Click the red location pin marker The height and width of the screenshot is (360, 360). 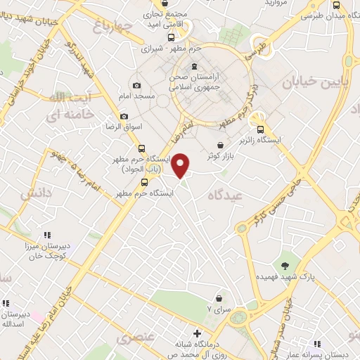[x=181, y=165]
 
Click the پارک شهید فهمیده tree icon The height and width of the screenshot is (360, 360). [x=285, y=265]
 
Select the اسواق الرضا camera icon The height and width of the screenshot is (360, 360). [x=124, y=116]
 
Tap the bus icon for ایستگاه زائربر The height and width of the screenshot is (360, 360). [x=261, y=129]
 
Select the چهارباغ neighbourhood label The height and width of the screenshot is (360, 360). [x=112, y=27]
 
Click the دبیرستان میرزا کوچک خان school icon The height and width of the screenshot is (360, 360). [x=46, y=236]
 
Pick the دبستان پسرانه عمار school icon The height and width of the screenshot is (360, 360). [x=317, y=344]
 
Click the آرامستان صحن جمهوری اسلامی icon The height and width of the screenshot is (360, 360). [x=193, y=67]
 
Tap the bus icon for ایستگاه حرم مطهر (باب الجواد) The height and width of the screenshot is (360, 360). [x=142, y=148]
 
